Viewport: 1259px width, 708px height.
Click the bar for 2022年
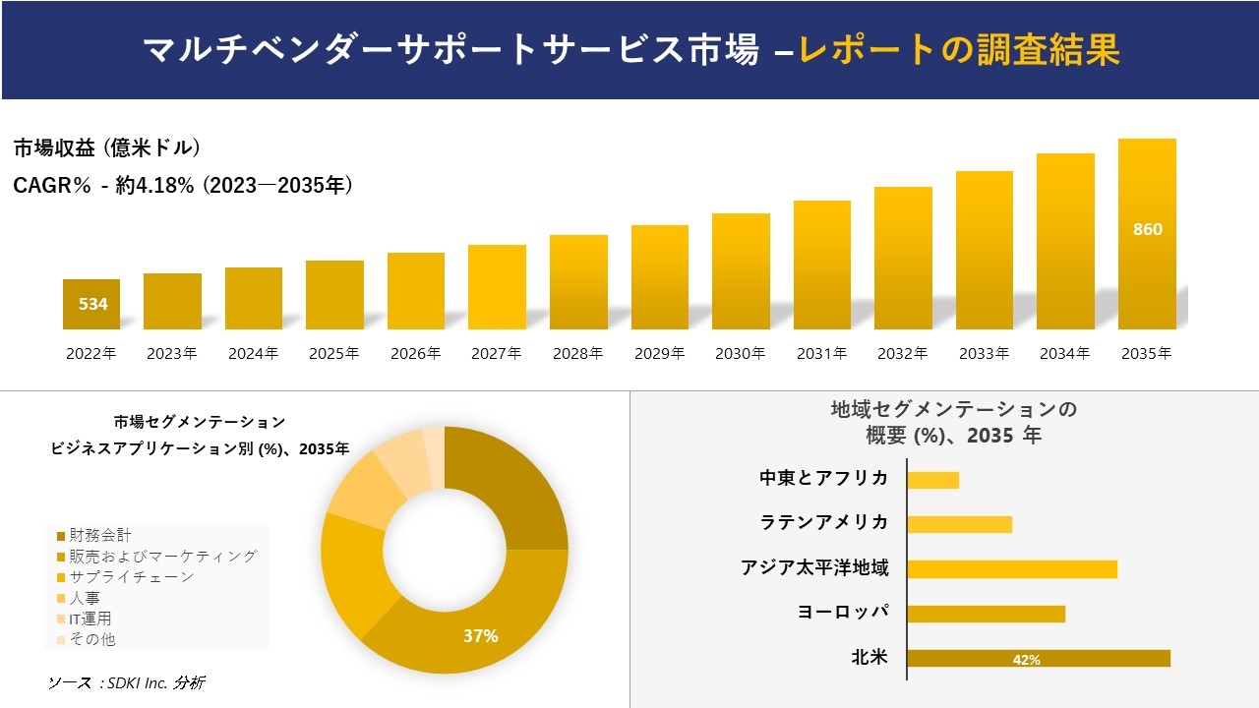click(91, 304)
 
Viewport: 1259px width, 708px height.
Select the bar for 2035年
click(1147, 234)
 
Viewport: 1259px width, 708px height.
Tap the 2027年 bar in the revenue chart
click(497, 287)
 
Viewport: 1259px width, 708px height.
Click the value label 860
click(1147, 230)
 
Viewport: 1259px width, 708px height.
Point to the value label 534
click(92, 304)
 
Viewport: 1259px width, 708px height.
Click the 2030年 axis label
click(741, 354)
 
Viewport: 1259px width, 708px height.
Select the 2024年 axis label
click(254, 354)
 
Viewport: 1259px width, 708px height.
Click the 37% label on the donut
click(480, 636)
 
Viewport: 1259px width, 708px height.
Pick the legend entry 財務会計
click(98, 536)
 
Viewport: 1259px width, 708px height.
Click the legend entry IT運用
click(90, 619)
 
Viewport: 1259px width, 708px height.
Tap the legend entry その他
click(91, 639)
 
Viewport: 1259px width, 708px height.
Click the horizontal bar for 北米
click(1039, 659)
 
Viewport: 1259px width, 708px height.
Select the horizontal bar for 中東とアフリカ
click(932, 480)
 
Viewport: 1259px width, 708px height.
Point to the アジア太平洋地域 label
click(815, 568)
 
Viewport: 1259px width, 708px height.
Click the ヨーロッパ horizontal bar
click(986, 614)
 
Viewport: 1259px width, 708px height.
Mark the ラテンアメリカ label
click(824, 523)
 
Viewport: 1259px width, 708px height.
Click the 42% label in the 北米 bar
click(1026, 660)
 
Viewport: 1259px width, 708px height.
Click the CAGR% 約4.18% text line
click(183, 186)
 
